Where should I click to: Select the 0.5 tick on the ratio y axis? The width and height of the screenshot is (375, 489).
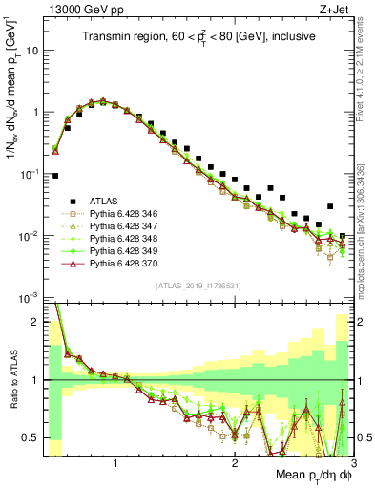click(x=32, y=438)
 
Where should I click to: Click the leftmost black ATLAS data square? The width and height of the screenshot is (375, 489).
click(x=55, y=176)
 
